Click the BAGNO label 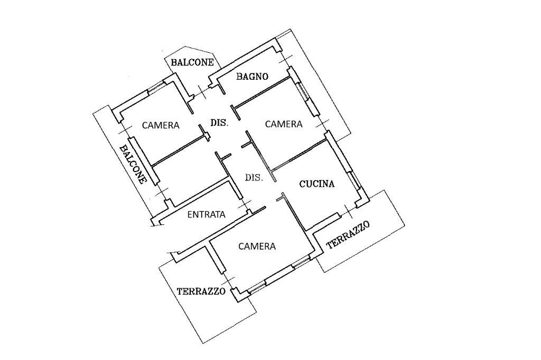(252, 76)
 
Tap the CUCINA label (317, 184)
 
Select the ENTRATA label (207, 215)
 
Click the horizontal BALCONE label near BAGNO (192, 62)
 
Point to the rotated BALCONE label (133, 164)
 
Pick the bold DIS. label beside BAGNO (219, 122)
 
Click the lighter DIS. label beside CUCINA (254, 178)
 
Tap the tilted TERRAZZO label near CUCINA (348, 235)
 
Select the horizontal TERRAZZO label (201, 291)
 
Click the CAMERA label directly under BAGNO (284, 124)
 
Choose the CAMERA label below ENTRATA (257, 247)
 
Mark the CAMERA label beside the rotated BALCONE (161, 125)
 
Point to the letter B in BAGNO (239, 77)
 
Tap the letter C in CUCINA (302, 184)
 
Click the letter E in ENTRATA (190, 215)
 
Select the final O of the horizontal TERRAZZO (222, 291)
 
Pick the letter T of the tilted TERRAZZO (330, 245)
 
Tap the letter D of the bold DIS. (213, 122)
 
